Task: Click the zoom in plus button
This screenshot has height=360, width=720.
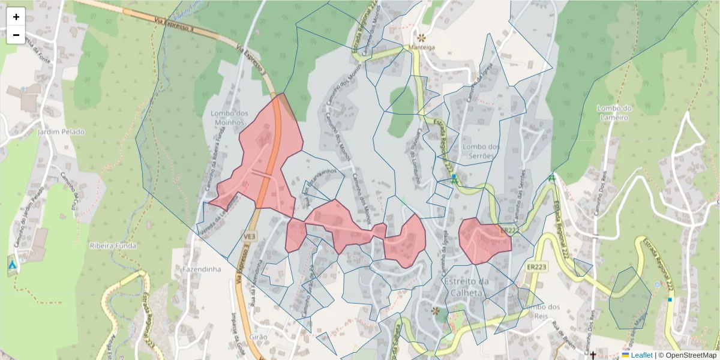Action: (x=16, y=17)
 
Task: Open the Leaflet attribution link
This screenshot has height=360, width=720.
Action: (x=641, y=355)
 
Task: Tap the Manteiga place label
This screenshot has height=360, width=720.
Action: (x=422, y=47)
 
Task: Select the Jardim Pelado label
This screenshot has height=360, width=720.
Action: (x=61, y=131)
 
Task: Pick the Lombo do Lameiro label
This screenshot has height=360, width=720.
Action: (x=615, y=113)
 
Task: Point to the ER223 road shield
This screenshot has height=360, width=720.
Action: (x=536, y=267)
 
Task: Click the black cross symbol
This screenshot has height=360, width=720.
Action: (x=593, y=355)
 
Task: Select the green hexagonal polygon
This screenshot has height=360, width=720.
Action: (x=629, y=298)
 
